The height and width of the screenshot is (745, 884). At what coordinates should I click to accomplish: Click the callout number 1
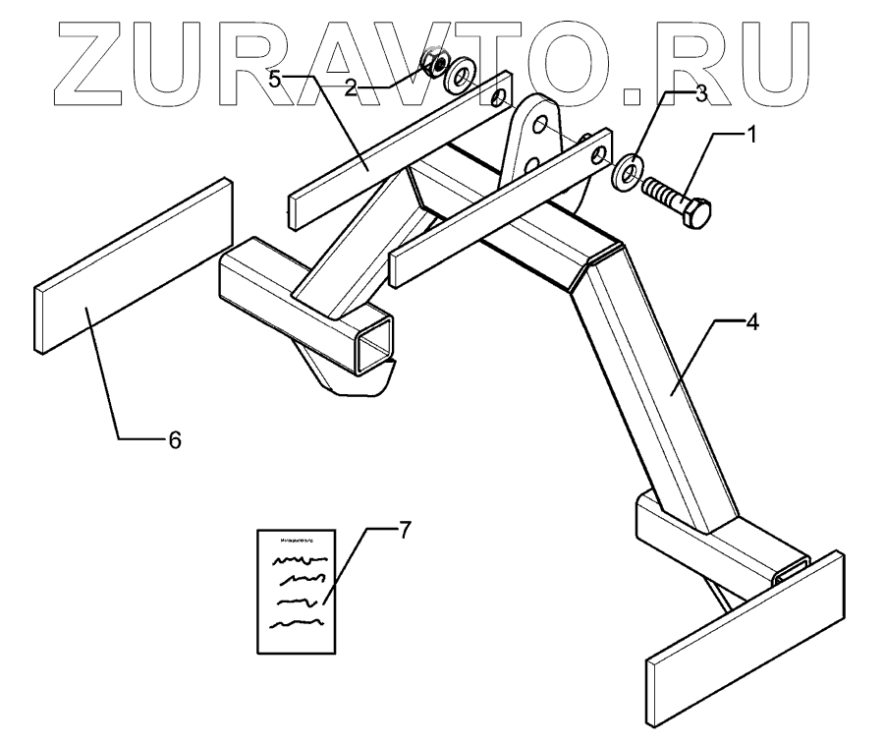point(752,134)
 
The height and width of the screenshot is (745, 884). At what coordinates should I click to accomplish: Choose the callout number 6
point(174,439)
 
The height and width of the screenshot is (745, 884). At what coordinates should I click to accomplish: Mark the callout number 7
point(404,530)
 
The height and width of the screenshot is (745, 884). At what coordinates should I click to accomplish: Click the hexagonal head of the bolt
point(696,211)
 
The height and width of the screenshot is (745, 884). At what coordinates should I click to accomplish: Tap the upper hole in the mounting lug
point(539,125)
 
